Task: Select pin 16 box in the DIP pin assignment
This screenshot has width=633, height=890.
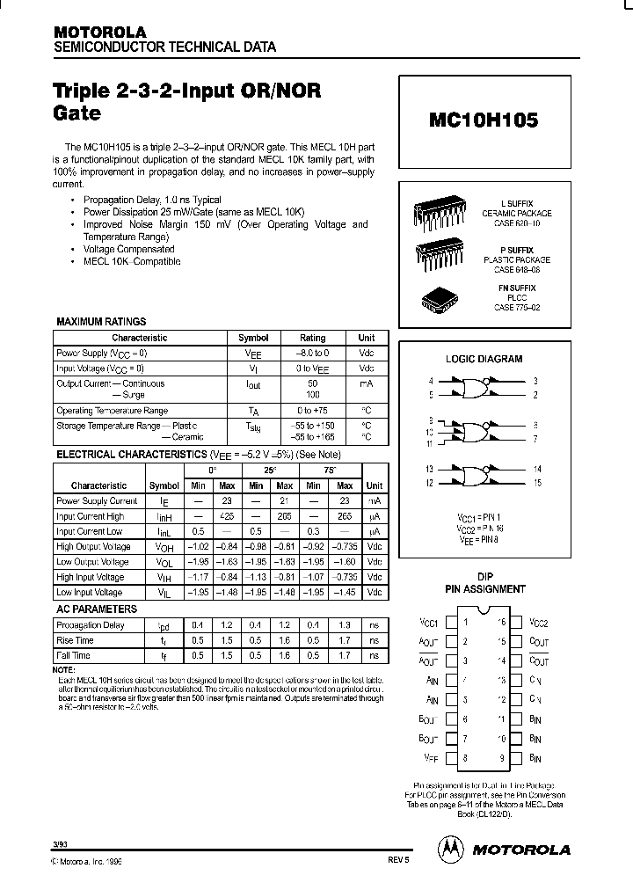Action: pos(516,622)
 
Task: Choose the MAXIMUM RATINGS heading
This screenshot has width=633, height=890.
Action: pos(101,322)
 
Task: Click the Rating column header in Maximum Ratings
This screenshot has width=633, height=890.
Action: pos(312,338)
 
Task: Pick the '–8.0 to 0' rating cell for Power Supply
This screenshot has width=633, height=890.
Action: pos(312,352)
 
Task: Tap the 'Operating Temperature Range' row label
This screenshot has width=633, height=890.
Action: pos(112,411)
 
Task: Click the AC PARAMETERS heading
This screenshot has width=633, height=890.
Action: pos(97,609)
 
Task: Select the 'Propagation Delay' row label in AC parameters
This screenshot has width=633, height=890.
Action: pos(91,625)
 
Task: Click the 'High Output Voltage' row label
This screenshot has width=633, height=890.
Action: pos(93,547)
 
